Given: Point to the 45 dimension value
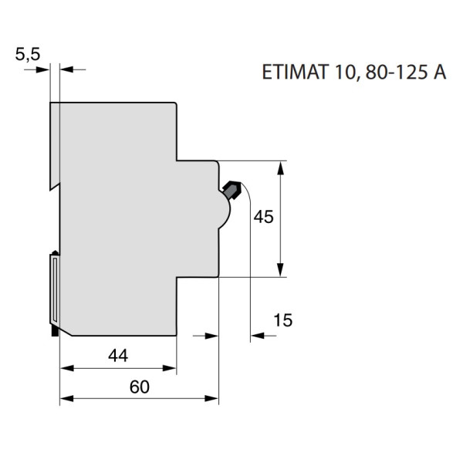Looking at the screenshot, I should pos(263,218).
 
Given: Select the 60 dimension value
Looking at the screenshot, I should pos(139,387).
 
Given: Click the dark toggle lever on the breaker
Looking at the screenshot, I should pos(232,188).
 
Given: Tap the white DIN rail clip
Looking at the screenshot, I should pos(55,289).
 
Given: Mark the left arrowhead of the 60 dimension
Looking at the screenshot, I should pos(66,399).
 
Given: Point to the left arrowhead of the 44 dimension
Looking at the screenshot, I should pos(66,367).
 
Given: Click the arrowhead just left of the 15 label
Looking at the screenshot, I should pos(257,336).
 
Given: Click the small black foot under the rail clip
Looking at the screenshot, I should pos(54,331).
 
